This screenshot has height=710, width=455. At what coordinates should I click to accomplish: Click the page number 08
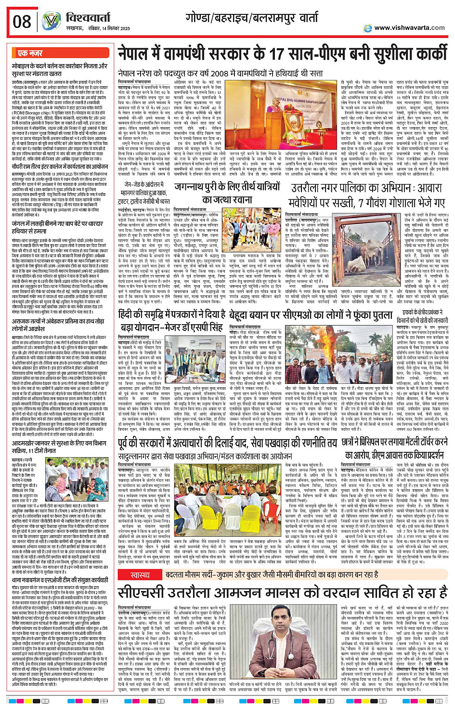point(22,22)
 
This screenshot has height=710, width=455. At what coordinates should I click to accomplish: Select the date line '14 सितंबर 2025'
point(109,29)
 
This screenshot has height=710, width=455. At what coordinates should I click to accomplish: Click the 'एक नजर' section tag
point(30,53)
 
